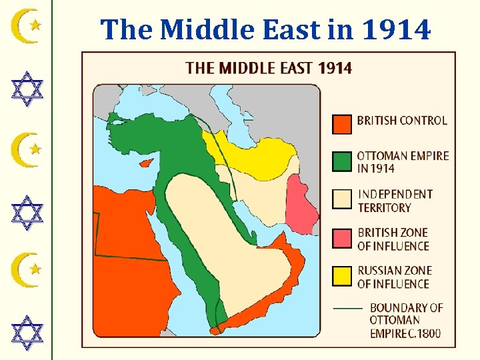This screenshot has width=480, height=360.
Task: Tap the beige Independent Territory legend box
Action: click(x=342, y=200)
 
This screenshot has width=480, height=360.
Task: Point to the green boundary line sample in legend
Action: click(x=347, y=309)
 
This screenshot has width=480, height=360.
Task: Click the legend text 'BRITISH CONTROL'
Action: click(x=402, y=121)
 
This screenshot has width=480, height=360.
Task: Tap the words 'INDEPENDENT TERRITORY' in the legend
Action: click(x=395, y=201)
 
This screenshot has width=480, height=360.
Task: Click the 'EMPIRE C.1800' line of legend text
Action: click(x=405, y=333)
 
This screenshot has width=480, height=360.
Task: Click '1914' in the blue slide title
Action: click(x=397, y=29)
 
